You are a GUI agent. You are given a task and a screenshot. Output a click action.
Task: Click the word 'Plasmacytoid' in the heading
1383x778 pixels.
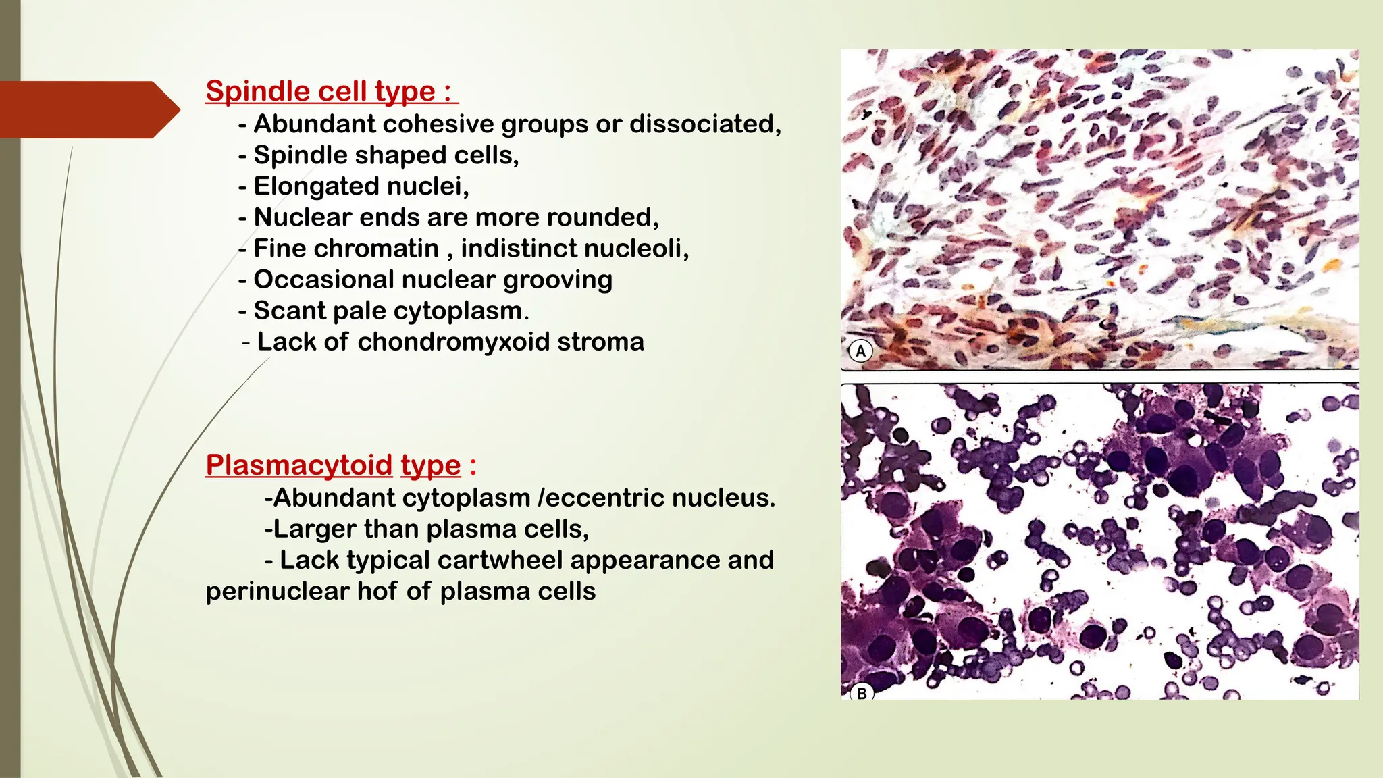point(298,465)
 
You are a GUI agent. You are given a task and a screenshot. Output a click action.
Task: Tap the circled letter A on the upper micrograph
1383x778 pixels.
point(860,351)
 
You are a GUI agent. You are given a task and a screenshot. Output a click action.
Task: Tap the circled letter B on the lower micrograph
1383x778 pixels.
point(862,693)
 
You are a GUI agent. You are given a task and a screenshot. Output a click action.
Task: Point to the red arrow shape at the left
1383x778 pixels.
point(88,109)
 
